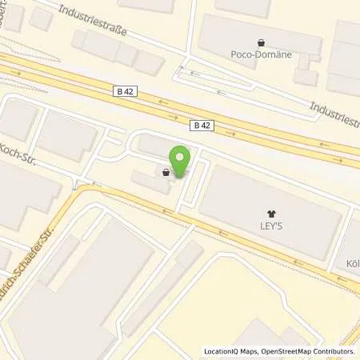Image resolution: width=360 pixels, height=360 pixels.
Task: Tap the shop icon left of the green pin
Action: pyautogui.click(x=166, y=170)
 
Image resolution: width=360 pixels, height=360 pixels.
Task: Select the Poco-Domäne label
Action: pyautogui.click(x=264, y=54)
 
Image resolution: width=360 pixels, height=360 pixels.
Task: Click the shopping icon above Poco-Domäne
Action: pyautogui.click(x=261, y=42)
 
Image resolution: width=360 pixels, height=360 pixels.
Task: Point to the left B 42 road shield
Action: pyautogui.click(x=126, y=93)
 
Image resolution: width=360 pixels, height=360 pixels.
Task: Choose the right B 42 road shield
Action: pyautogui.click(x=203, y=125)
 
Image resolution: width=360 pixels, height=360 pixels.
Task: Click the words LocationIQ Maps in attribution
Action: pyautogui.click(x=228, y=351)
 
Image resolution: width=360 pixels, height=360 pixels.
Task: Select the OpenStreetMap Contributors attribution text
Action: pyautogui.click(x=305, y=351)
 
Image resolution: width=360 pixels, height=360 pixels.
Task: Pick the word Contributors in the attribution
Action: pyautogui.click(x=330, y=351)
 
